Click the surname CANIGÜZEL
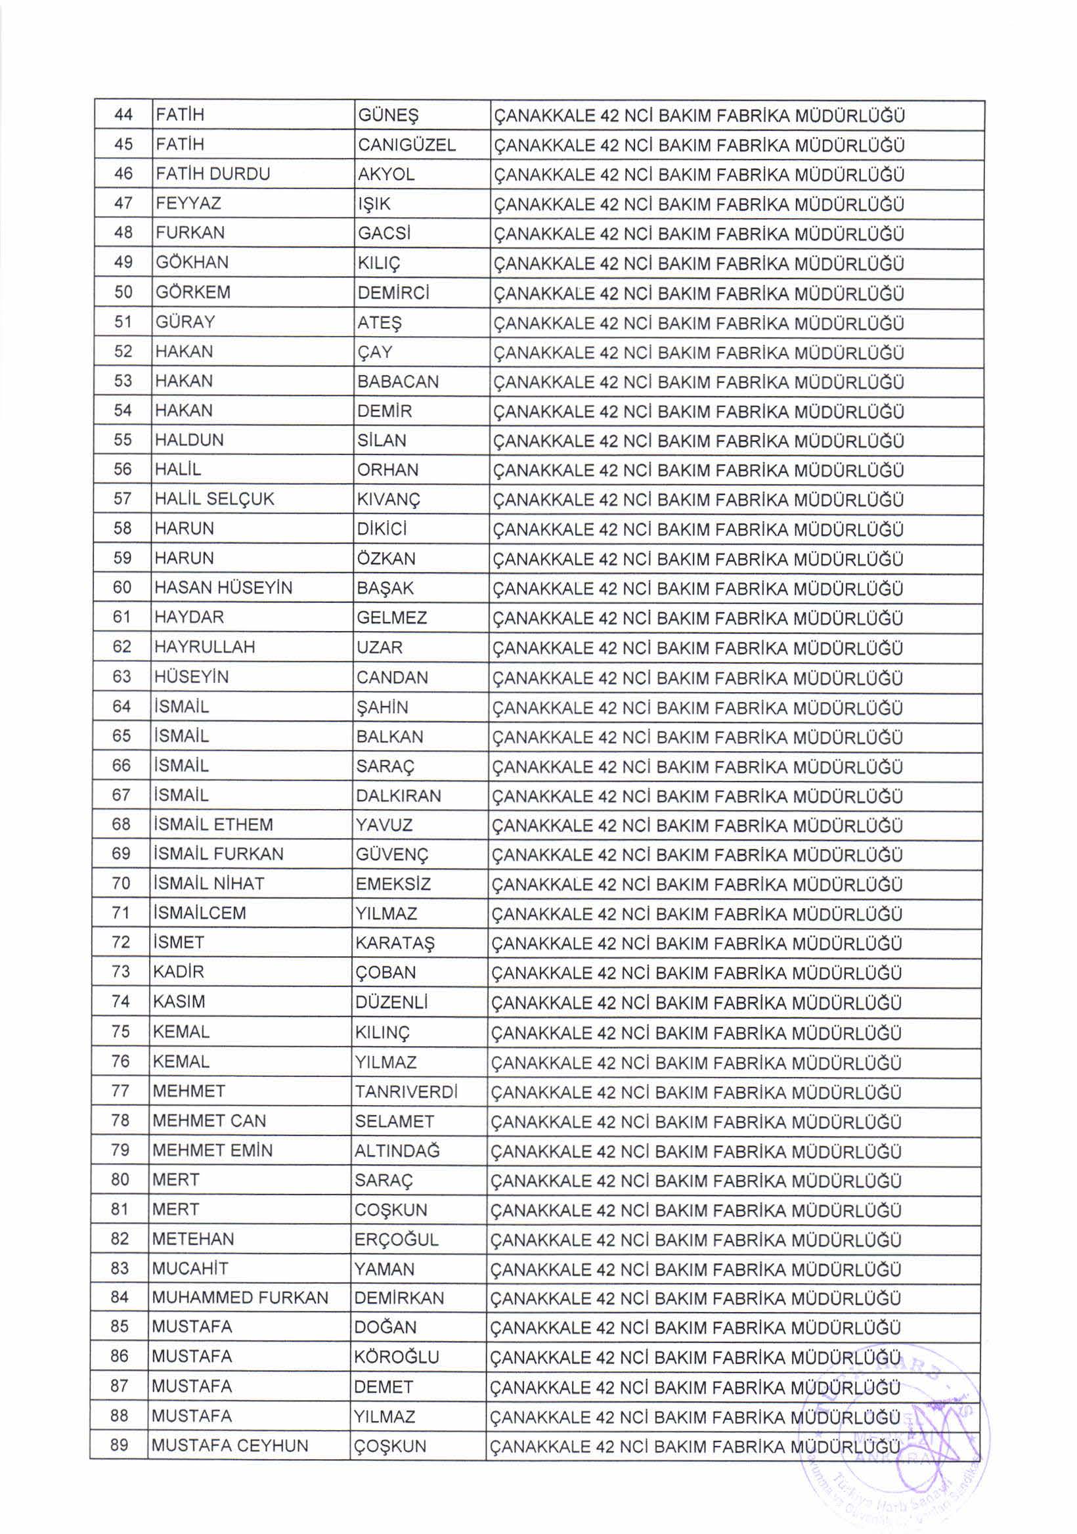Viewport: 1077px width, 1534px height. point(407,145)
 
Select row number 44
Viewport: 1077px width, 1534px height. point(123,115)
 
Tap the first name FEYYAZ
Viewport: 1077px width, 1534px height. point(188,203)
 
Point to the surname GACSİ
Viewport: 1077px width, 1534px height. point(384,233)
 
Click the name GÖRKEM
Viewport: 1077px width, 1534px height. point(192,292)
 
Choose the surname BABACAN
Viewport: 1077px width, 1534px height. point(397,382)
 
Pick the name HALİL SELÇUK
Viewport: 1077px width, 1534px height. point(214,499)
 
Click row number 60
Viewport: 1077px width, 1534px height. point(122,587)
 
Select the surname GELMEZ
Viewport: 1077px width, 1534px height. point(391,617)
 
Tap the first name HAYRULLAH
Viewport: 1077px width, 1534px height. point(204,647)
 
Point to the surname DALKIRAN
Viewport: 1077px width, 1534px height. point(398,796)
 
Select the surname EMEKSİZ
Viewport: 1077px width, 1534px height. point(393,884)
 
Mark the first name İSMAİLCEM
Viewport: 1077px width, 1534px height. point(199,913)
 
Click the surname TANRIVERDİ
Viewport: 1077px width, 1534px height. point(406,1091)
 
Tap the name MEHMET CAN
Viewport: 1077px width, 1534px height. point(209,1120)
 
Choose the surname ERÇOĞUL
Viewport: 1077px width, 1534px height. point(396,1239)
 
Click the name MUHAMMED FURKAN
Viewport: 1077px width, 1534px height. point(240,1298)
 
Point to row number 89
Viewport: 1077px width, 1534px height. point(120,1445)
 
